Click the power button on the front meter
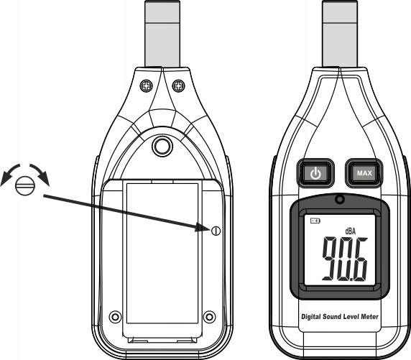click(315, 173)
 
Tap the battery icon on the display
click(315, 221)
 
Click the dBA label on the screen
click(351, 231)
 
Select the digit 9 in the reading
click(331, 258)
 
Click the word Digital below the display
click(311, 317)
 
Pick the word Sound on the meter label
click(332, 317)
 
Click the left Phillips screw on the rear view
click(146, 86)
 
